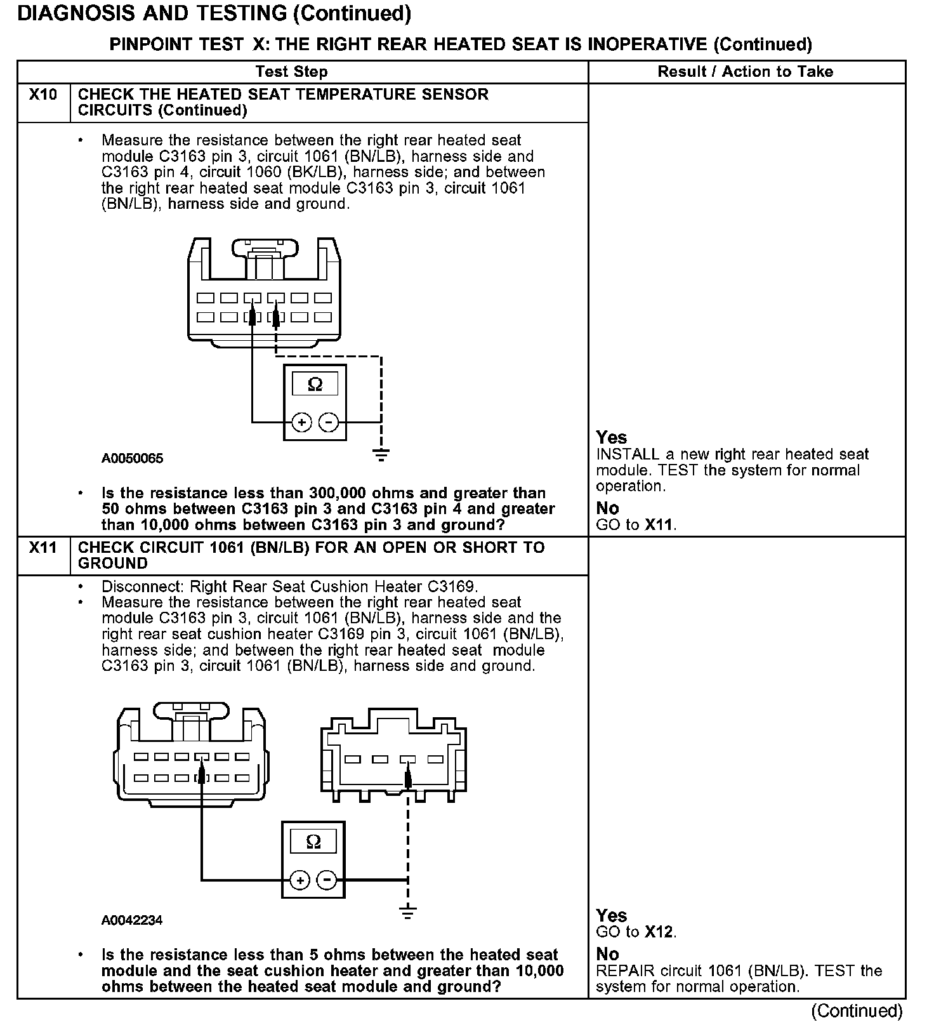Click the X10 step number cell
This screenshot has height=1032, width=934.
43,95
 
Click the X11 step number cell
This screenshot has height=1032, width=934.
43,548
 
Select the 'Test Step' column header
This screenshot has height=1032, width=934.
291,72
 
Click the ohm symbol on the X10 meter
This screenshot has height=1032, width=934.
315,384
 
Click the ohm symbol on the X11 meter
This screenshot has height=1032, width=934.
313,842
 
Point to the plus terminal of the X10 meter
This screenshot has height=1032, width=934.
302,422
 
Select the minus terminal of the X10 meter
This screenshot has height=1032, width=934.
328,422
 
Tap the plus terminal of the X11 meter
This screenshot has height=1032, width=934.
299,880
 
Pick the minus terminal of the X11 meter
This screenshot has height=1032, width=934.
327,880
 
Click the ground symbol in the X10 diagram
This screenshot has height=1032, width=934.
381,454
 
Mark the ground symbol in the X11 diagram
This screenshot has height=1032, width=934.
408,913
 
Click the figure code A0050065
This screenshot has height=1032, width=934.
132,458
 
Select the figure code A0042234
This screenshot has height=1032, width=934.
132,920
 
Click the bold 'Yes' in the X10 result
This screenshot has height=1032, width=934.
611,437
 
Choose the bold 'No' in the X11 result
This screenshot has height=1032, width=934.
607,954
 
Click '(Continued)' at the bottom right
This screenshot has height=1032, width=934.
856,1011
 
